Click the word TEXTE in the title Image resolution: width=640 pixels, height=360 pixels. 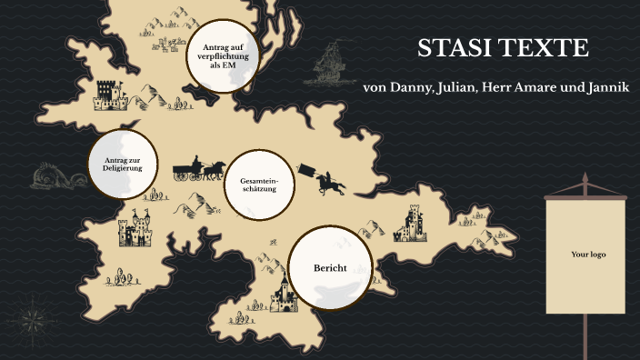coord(545,49)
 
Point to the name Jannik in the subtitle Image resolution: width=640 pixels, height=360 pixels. coord(604,87)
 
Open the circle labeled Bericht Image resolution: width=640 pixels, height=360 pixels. coord(330,268)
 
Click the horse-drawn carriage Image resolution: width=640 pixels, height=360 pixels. coord(199,169)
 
